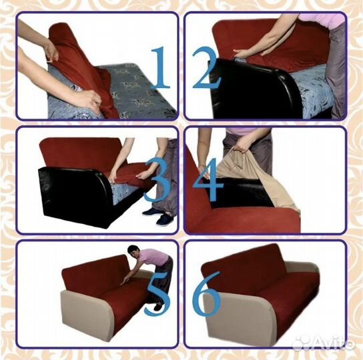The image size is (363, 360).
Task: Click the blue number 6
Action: point(206,294)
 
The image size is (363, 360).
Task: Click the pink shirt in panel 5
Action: point(154,257)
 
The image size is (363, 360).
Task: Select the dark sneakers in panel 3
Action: point(158,216)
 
